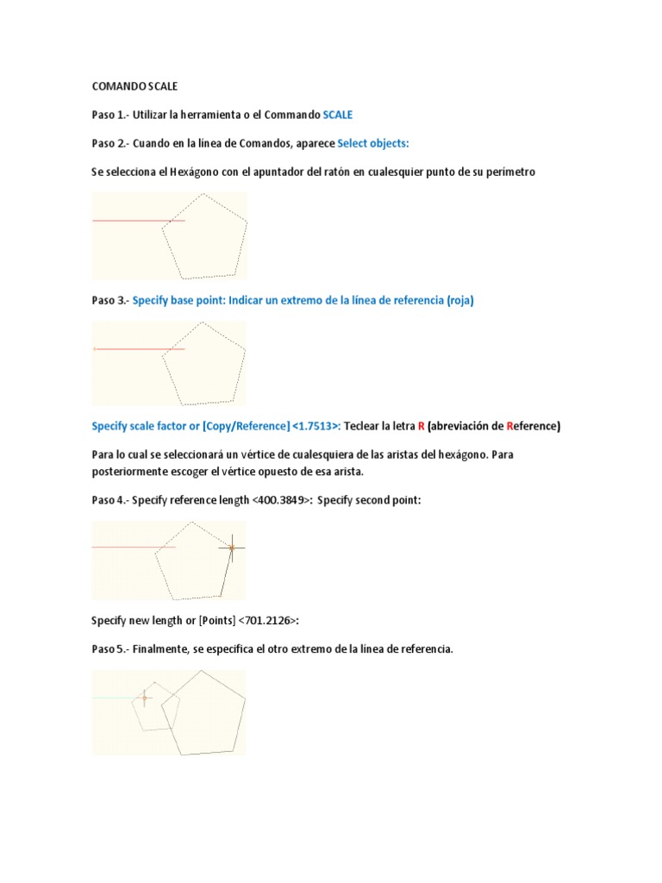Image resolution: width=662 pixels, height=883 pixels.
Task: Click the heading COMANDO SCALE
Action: pyautogui.click(x=133, y=86)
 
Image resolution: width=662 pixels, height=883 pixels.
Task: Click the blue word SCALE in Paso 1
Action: pyautogui.click(x=337, y=115)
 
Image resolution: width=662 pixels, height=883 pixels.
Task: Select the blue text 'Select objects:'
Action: pyautogui.click(x=373, y=143)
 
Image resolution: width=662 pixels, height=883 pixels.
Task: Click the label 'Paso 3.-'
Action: pyautogui.click(x=109, y=300)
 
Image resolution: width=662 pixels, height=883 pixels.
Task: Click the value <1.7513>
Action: pyautogui.click(x=315, y=426)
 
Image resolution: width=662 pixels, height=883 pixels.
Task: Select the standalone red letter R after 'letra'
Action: pyautogui.click(x=420, y=426)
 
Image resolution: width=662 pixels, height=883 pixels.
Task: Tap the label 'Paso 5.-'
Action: pyautogui.click(x=109, y=649)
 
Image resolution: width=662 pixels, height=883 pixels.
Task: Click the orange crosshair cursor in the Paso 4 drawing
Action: pyautogui.click(x=231, y=547)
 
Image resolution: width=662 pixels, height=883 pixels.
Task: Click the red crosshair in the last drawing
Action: pyautogui.click(x=144, y=697)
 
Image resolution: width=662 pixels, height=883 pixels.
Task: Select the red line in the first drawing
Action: pyautogui.click(x=129, y=221)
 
